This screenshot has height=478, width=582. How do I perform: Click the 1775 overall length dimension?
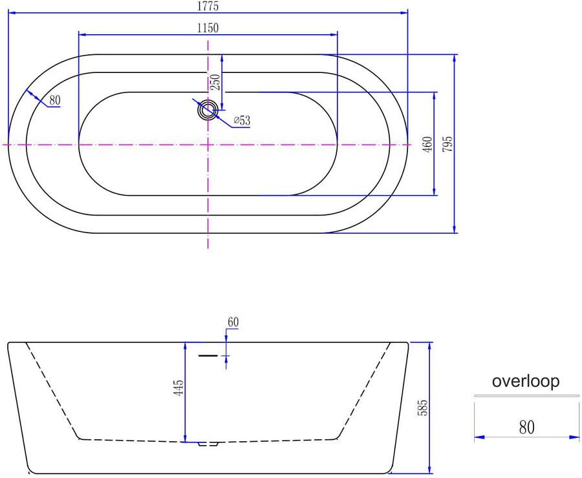pos(208,6)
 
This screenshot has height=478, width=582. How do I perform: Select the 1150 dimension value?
pos(208,28)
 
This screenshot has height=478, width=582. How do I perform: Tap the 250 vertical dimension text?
pos(215,82)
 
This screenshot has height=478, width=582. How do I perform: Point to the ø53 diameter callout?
pos(242,120)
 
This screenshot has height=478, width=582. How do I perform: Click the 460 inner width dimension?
pos(427,144)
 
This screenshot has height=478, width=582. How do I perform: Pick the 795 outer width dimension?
pos(448,144)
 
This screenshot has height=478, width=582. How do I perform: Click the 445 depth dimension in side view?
pos(178,388)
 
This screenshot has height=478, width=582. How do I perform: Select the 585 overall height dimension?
pos(422,408)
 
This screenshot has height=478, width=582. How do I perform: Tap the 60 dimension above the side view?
pos(233,322)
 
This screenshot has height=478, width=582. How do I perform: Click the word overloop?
pos(526,381)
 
